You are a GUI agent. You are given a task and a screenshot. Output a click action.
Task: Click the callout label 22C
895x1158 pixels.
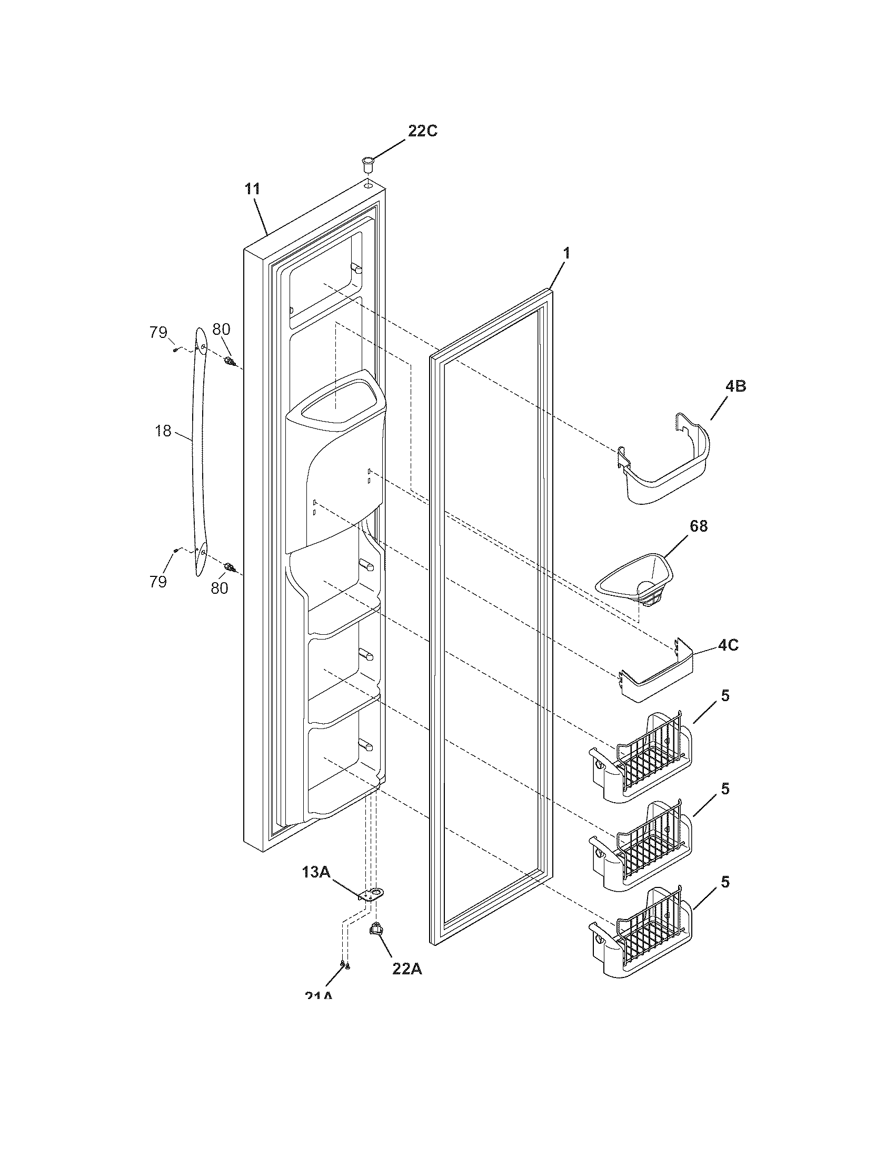click(422, 131)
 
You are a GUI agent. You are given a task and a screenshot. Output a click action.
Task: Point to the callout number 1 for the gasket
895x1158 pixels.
click(566, 254)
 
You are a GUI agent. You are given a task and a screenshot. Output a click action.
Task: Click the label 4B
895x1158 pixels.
click(735, 386)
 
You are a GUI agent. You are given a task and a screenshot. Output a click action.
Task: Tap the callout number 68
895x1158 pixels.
click(698, 526)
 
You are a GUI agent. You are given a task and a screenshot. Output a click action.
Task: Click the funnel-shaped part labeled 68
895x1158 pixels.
click(637, 582)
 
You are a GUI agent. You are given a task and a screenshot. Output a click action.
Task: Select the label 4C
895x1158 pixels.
click(728, 645)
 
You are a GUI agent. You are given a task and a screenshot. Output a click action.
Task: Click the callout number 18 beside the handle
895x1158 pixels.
click(163, 431)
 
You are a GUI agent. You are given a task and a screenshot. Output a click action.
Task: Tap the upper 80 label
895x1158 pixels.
click(221, 330)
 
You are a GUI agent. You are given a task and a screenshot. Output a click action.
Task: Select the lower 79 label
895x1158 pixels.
click(158, 582)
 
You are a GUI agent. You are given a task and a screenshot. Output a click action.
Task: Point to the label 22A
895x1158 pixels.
click(406, 969)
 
